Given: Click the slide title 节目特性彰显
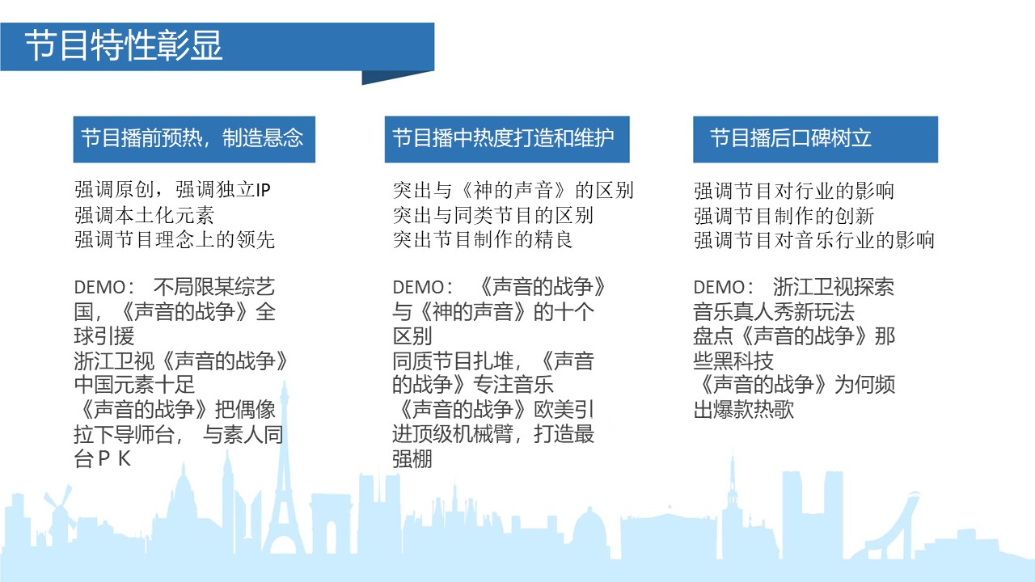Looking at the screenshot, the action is tap(124, 45).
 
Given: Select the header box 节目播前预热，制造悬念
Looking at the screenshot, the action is tap(194, 139).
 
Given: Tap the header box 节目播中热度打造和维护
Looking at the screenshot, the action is tap(507, 139).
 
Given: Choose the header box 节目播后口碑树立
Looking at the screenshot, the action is tap(816, 139).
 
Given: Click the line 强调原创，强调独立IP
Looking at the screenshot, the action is tap(172, 190).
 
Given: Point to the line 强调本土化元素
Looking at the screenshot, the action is tap(144, 215).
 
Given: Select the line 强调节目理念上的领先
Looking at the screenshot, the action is tap(175, 240).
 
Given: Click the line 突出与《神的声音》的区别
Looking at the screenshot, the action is tap(513, 190).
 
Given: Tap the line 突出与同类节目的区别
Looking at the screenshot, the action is tap(493, 215).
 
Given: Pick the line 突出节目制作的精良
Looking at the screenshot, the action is tap(483, 240).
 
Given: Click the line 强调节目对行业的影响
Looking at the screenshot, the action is tap(794, 190).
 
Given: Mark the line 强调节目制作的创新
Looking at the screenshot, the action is tap(784, 215).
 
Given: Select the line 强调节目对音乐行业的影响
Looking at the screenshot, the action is tap(814, 240).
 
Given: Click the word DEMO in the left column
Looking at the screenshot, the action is tap(99, 287).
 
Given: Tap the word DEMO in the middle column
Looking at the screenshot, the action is tap(419, 287).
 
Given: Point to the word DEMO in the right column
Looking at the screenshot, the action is tap(720, 287).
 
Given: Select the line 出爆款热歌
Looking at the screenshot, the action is tap(743, 409).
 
